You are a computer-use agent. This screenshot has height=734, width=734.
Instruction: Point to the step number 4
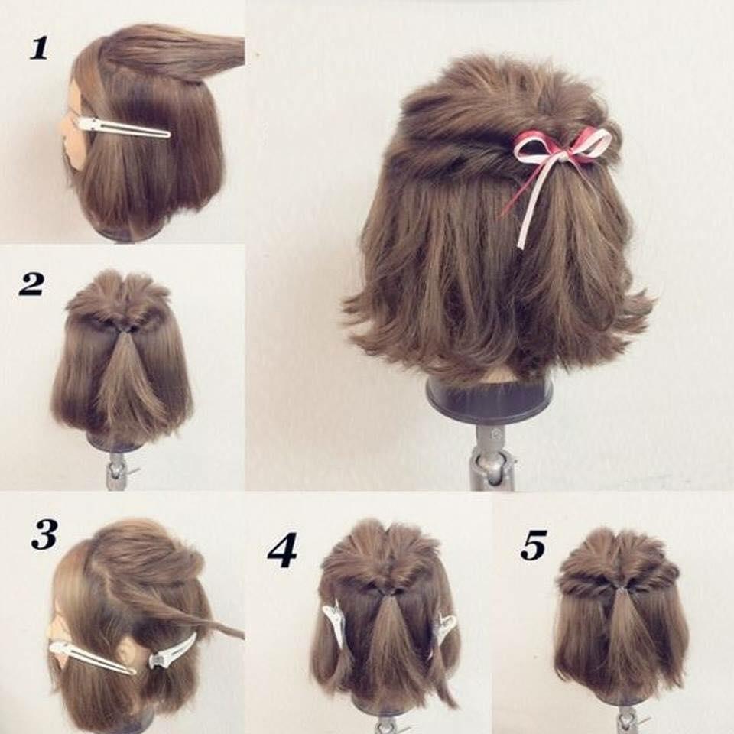[281, 551]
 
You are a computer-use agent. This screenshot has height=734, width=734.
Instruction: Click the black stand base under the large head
[489, 401]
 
